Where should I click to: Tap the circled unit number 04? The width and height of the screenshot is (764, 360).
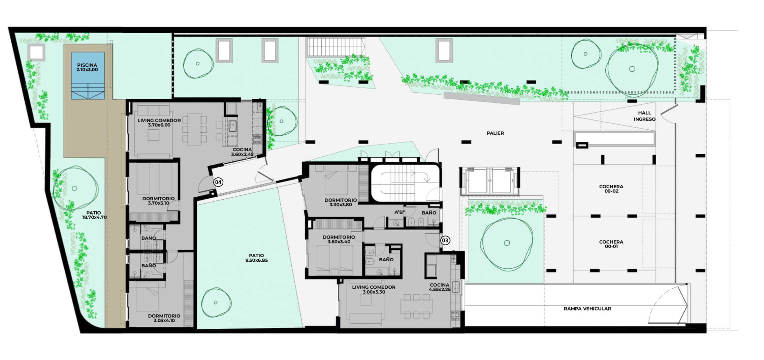click(218, 182)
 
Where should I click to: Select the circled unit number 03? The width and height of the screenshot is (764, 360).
click(445, 240)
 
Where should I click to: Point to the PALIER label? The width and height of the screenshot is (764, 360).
click(495, 133)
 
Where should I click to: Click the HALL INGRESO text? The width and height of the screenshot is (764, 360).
click(644, 116)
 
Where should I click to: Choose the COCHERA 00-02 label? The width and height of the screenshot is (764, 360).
click(611, 189)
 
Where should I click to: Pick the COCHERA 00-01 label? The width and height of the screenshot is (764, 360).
click(611, 244)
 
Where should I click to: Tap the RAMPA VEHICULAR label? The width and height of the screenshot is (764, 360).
click(587, 308)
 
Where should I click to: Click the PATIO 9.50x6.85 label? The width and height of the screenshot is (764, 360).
click(256, 258)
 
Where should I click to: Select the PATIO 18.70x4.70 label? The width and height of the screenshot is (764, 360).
click(94, 215)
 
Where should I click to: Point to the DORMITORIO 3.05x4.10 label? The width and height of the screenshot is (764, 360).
click(164, 318)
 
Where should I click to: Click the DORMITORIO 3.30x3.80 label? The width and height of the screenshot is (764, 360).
click(341, 202)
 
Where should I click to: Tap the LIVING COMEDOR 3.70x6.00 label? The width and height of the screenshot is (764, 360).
click(159, 123)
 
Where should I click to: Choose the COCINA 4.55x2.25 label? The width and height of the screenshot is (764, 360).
click(440, 287)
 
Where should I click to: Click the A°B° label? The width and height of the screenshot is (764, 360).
click(400, 212)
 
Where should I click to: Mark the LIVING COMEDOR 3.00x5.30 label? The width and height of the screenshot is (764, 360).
click(374, 290)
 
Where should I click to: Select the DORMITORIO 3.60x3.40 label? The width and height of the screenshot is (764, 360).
click(339, 239)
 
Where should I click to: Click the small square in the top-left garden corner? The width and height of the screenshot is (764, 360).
click(36, 52)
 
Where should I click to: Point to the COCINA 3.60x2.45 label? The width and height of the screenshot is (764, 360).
click(242, 152)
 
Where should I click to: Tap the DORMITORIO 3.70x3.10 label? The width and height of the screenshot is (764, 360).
click(158, 201)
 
